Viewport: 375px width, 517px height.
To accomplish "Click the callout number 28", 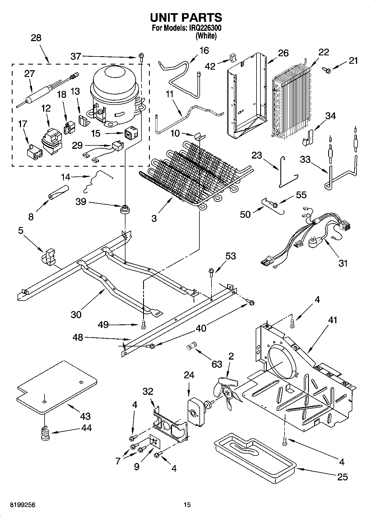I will click(x=36, y=38).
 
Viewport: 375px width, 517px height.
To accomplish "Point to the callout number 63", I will click(x=217, y=364).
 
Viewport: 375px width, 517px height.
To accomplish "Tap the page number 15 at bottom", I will click(x=187, y=505).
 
